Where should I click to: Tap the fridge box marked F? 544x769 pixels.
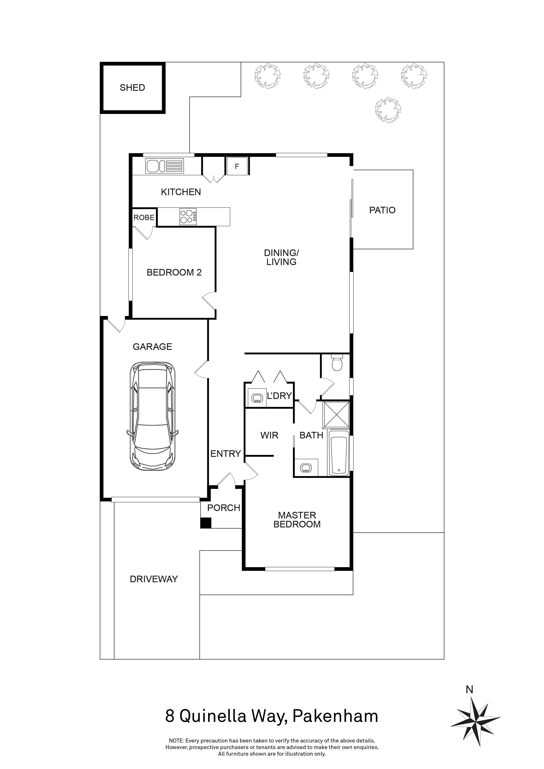coord(237,166)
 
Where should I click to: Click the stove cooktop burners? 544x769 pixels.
coord(188,217)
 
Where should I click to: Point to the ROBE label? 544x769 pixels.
coord(144,218)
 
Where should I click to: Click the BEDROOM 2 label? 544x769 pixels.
coord(174,273)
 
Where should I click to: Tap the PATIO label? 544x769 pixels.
coord(382,210)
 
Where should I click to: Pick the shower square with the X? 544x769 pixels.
coord(336,415)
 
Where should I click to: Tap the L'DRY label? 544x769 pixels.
coord(279,396)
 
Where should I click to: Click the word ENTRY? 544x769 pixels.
coord(225,454)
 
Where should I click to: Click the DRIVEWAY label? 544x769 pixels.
coord(154,579)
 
